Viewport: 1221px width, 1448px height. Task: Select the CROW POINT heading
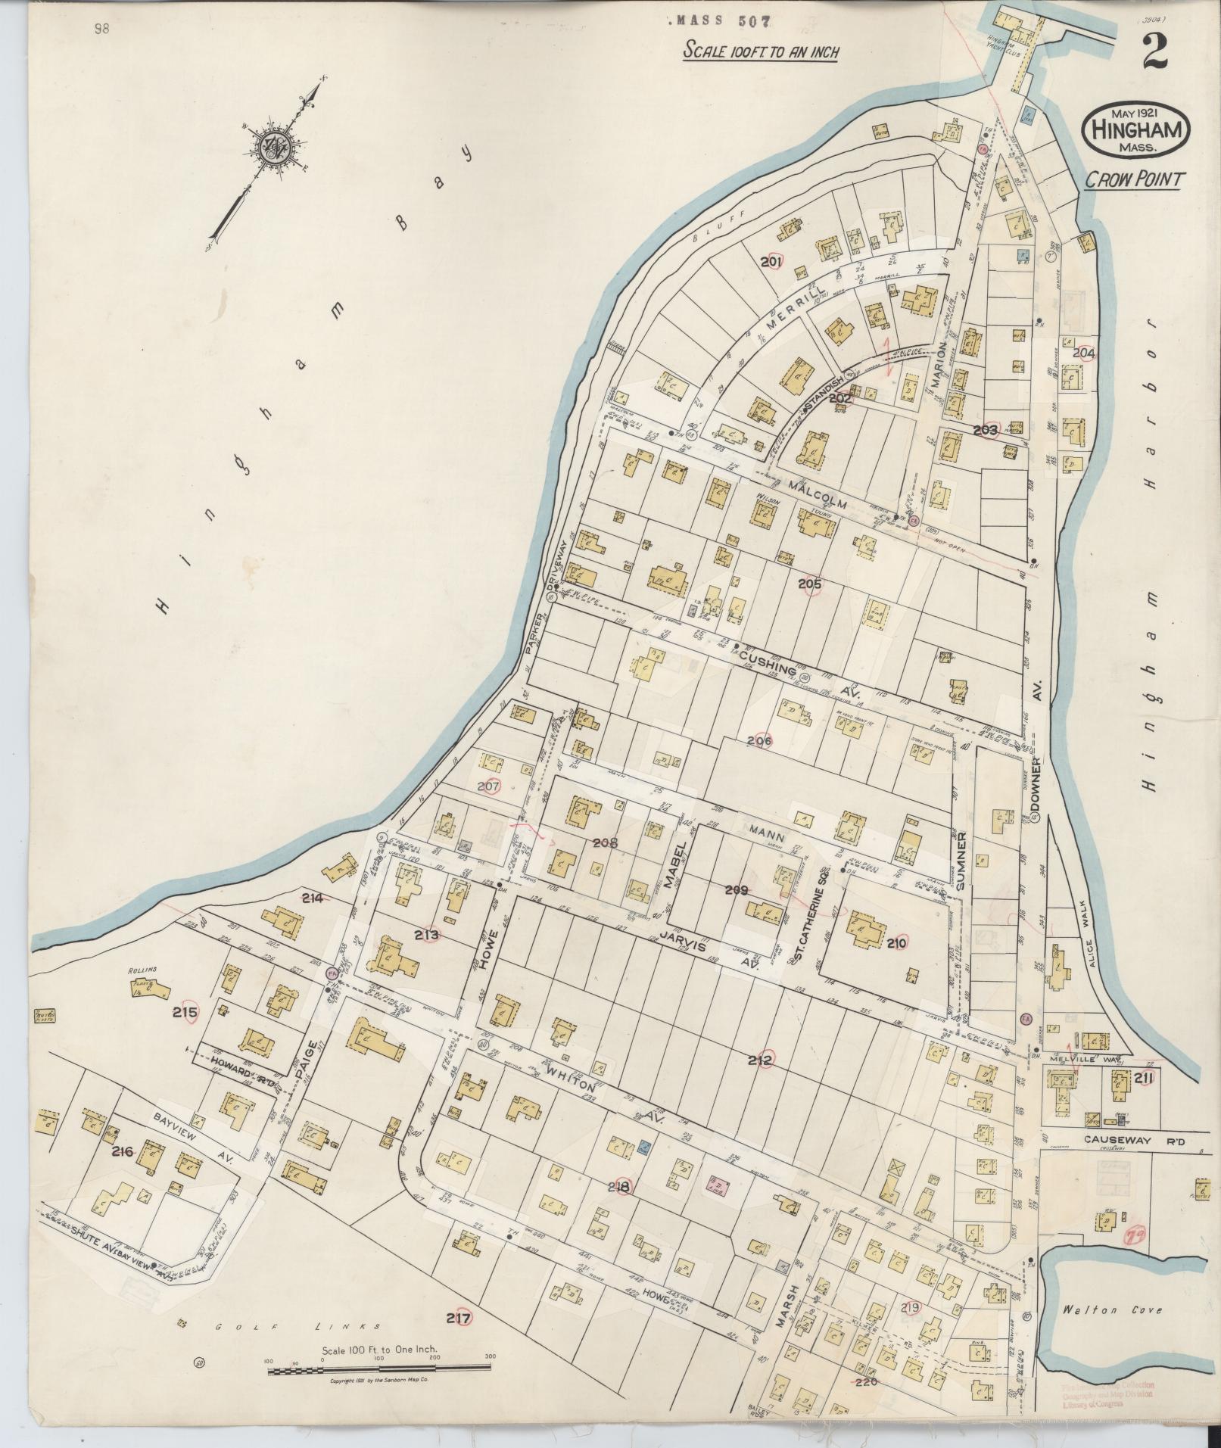point(1135,179)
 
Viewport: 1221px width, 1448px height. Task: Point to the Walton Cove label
point(1110,1310)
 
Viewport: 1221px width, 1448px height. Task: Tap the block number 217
point(459,1319)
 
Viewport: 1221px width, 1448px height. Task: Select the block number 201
point(771,262)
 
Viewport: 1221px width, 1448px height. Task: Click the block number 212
point(760,1060)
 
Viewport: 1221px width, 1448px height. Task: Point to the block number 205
point(809,584)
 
